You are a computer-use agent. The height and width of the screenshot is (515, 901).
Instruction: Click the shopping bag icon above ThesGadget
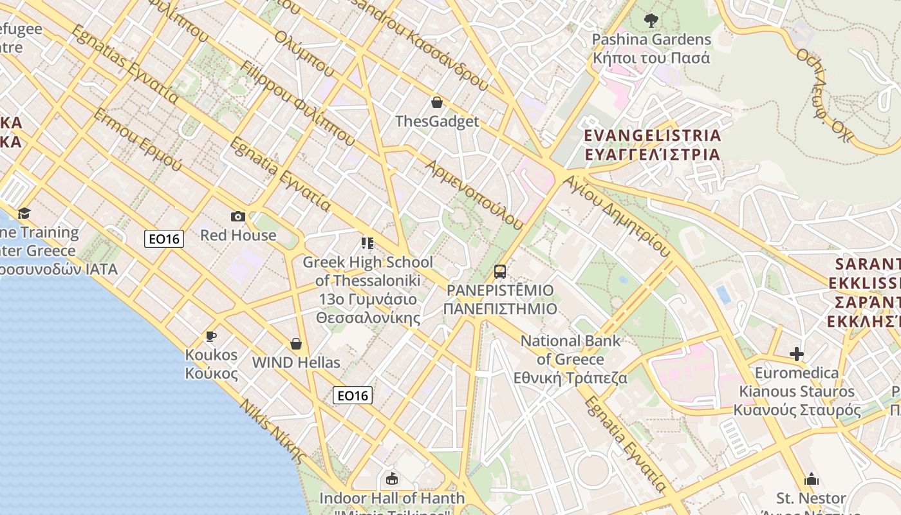(x=437, y=102)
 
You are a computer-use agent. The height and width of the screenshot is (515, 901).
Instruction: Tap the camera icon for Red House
(x=238, y=216)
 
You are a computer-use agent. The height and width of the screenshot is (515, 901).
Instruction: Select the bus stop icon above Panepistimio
(x=500, y=272)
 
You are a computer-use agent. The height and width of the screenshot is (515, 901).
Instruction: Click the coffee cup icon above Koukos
(x=210, y=336)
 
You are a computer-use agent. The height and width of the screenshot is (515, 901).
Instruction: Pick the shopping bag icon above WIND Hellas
(x=296, y=344)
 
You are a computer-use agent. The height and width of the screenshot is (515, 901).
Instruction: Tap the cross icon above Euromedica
(x=797, y=354)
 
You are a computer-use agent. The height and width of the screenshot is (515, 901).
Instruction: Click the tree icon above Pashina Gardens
(x=651, y=21)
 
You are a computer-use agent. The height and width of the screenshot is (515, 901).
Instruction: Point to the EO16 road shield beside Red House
(x=164, y=239)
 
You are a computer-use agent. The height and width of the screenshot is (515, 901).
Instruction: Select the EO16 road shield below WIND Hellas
(x=353, y=395)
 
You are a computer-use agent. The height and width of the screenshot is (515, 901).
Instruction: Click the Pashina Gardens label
(x=651, y=48)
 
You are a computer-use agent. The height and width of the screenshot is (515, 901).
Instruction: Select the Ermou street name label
(x=137, y=140)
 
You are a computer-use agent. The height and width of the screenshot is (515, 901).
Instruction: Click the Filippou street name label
(x=297, y=103)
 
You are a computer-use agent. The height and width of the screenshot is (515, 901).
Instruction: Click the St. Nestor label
(x=811, y=498)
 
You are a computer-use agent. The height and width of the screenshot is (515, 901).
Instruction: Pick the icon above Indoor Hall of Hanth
(x=391, y=479)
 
